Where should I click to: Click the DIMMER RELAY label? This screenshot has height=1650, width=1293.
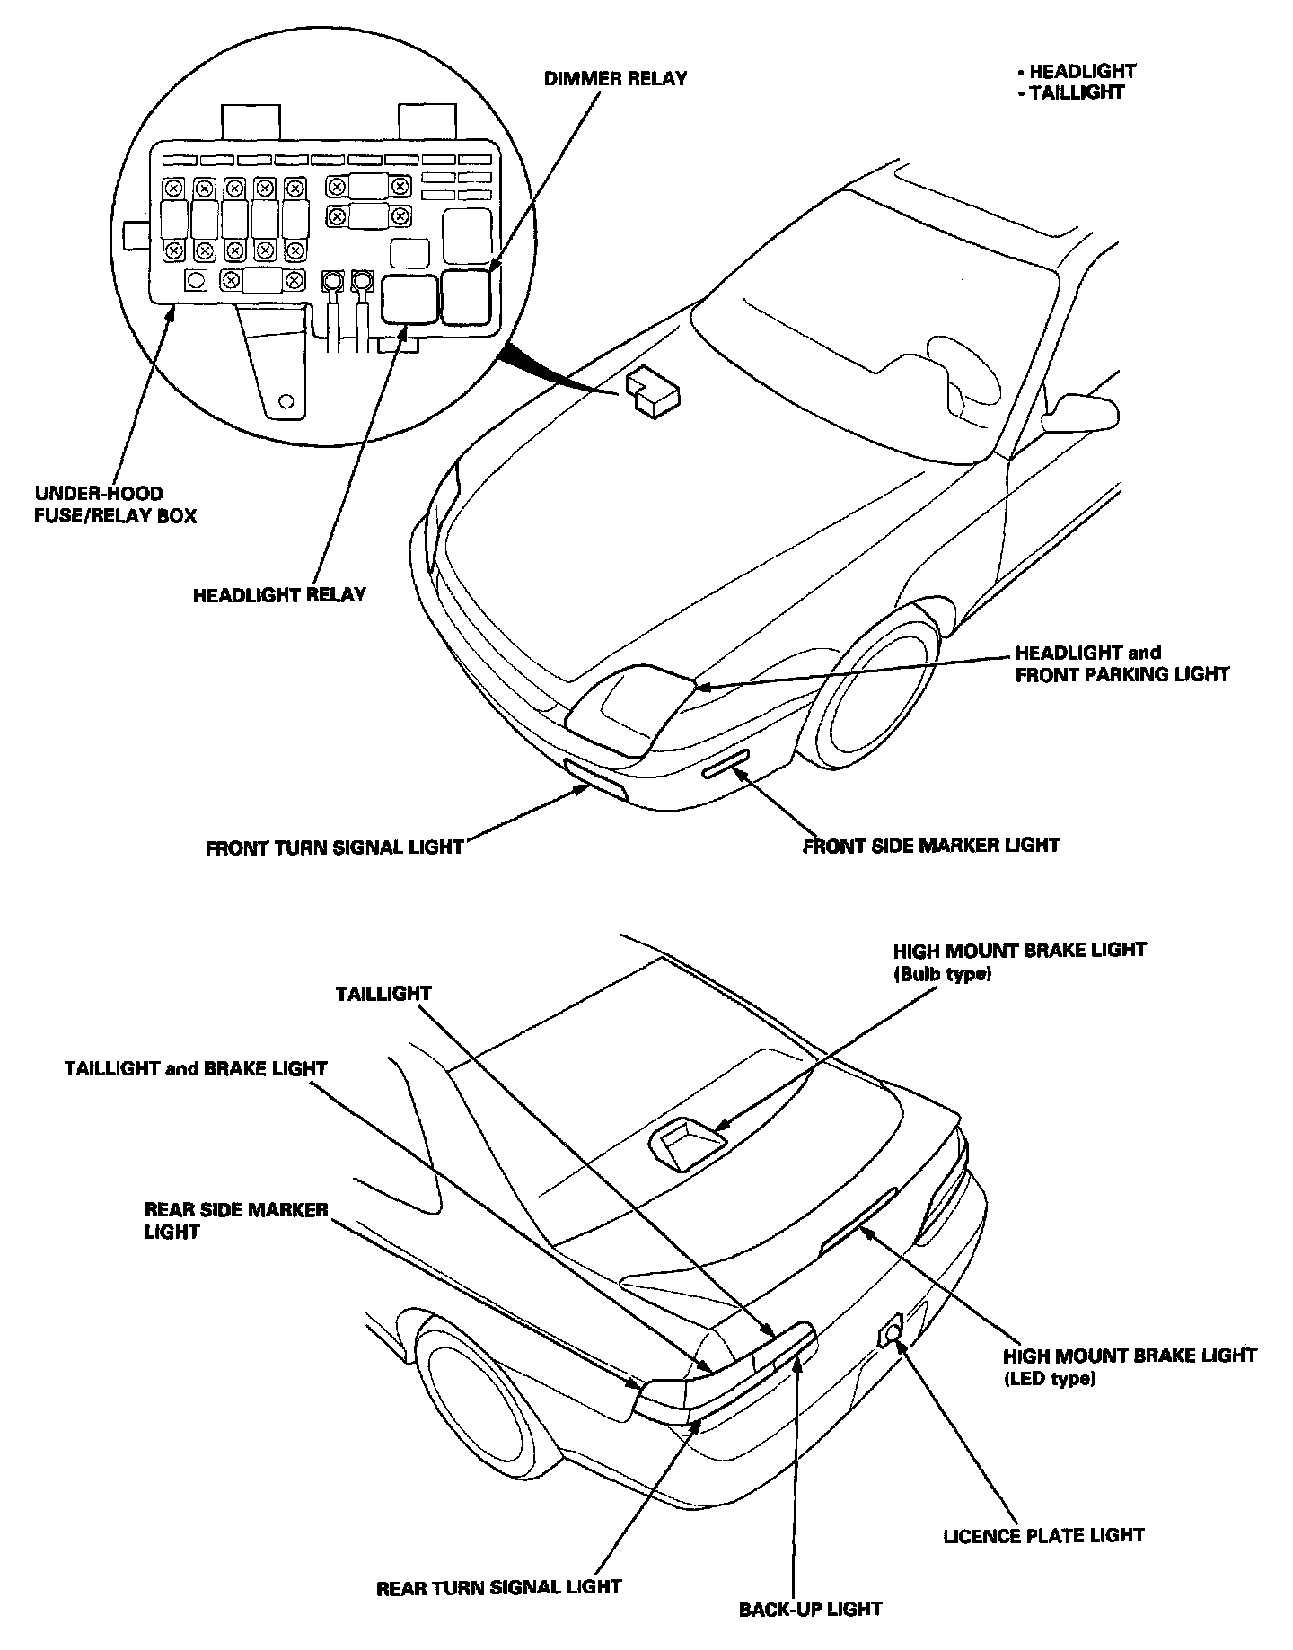615,79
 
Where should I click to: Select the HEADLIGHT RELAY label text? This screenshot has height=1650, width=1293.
279,594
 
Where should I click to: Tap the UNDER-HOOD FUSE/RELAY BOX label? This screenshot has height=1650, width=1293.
115,505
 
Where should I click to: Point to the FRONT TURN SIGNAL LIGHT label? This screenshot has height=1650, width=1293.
334,847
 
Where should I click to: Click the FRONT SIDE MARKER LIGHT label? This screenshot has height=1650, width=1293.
931,845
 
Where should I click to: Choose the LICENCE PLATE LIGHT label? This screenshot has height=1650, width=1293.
1043,1535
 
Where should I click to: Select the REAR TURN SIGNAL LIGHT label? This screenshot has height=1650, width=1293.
498,1587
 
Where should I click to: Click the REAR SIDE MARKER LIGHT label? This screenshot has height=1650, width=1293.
236,1220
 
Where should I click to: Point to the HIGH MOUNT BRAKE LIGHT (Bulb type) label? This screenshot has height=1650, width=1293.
1019,961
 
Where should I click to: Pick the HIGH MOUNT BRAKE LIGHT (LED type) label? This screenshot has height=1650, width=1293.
1130,1366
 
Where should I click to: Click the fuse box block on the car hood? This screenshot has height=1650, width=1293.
653,392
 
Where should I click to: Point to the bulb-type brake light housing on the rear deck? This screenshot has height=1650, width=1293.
687,1145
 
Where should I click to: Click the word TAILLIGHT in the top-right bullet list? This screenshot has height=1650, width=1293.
1077,92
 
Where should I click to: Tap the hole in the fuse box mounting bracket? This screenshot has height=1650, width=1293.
286,400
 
